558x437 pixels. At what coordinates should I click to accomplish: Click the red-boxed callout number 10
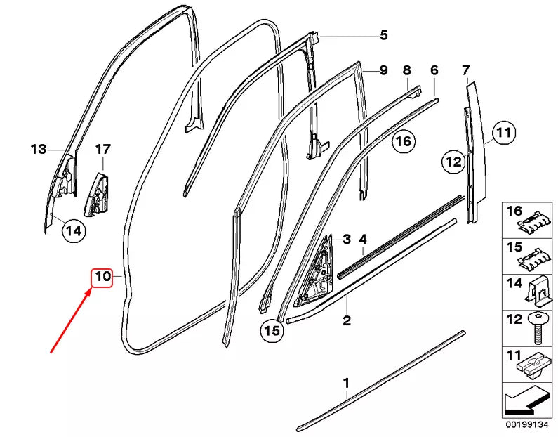coord(102,277)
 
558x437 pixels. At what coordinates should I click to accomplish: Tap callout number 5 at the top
coord(383,35)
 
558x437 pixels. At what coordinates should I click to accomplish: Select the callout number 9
coord(383,70)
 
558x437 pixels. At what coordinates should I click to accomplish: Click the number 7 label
coord(465,70)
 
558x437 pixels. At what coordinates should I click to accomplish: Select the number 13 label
coord(38,149)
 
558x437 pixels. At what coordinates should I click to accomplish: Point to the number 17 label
coord(102,149)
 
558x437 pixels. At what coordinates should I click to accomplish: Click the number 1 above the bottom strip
coord(345,383)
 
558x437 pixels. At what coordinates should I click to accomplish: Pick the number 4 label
coord(363,239)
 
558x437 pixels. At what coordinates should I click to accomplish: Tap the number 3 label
coord(346,239)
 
